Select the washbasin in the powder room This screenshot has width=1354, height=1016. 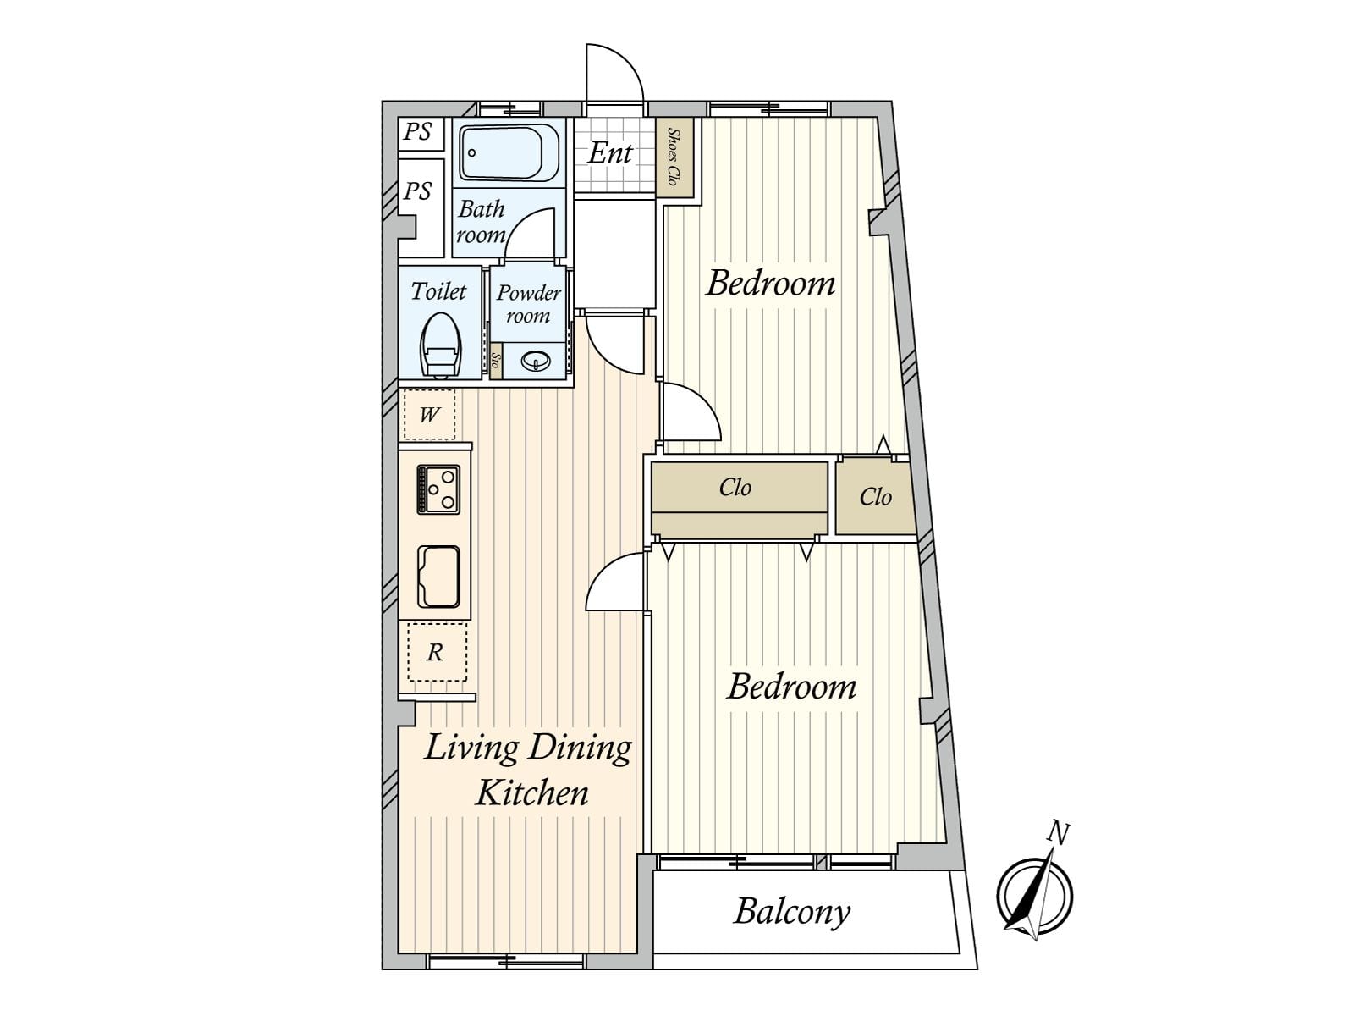[536, 361]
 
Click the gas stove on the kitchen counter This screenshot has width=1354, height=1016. [438, 489]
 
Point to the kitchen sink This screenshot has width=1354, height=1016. [438, 577]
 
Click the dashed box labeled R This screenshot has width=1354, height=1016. [436, 652]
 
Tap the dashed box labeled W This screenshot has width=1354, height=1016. [429, 414]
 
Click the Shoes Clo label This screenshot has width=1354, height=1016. [673, 157]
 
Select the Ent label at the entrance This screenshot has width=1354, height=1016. [610, 153]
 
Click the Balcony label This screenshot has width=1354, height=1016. [792, 912]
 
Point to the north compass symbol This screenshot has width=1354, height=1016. [1035, 894]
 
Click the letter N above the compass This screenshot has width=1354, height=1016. [1059, 833]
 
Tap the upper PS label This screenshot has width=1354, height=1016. [417, 132]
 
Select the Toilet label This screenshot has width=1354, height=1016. [438, 291]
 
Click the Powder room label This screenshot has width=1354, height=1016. [529, 304]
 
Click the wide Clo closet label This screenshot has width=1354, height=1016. [735, 488]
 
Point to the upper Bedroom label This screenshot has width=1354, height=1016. [770, 284]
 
